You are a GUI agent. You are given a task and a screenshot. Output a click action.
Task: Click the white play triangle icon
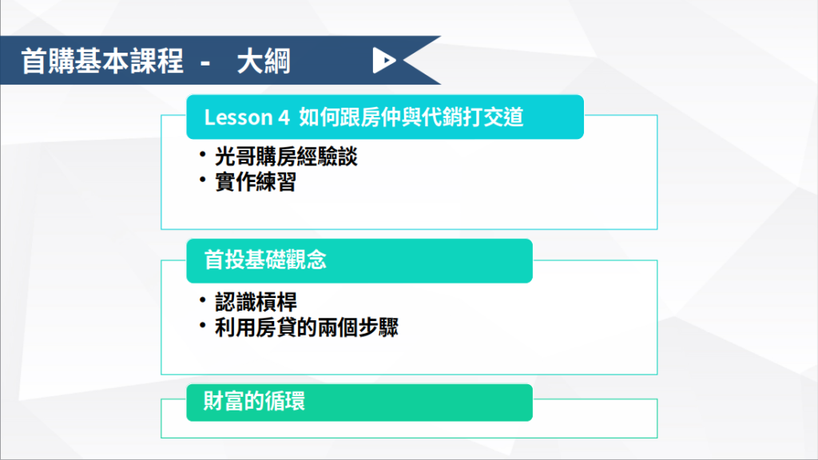click(x=383, y=61)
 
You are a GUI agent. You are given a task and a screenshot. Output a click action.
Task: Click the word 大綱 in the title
click(x=264, y=61)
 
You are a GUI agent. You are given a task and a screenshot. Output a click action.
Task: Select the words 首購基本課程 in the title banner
click(x=102, y=61)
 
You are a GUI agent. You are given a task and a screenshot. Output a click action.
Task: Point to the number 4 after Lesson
click(x=284, y=118)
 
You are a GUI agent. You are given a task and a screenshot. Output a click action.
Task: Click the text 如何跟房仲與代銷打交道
click(x=411, y=117)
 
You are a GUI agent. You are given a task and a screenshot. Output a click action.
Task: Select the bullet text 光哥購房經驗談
click(x=286, y=157)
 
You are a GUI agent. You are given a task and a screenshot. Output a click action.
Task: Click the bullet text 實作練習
click(x=256, y=182)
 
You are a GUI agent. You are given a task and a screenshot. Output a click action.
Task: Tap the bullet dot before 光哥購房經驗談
click(x=202, y=154)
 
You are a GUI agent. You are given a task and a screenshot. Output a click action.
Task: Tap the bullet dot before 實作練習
click(x=202, y=180)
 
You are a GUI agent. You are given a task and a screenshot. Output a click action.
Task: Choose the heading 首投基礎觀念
click(x=265, y=260)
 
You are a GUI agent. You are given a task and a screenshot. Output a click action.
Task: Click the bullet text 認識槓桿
click(x=256, y=302)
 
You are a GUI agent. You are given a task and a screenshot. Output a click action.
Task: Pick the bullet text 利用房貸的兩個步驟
click(x=306, y=327)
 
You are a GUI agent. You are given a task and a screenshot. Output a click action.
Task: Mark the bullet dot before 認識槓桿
click(x=202, y=299)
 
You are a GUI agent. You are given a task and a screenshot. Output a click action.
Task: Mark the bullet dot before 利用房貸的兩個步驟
click(x=202, y=325)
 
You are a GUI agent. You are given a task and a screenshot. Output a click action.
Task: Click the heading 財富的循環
click(x=254, y=401)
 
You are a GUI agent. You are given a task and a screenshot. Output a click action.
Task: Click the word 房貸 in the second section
click(x=276, y=327)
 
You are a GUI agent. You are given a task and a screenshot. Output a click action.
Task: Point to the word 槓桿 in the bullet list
click(x=276, y=302)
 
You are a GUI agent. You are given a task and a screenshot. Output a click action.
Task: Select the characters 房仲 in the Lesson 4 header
click(x=380, y=117)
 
